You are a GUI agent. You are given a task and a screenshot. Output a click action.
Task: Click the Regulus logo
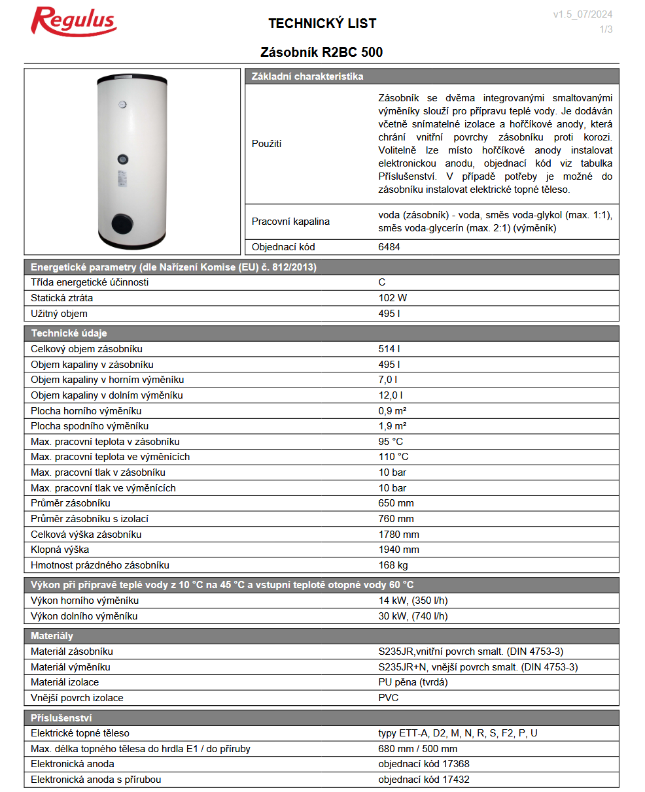pyautogui.click(x=74, y=22)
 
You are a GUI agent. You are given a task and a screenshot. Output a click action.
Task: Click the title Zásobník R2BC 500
pyautogui.click(x=321, y=52)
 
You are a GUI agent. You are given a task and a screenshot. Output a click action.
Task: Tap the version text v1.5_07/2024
pyautogui.click(x=582, y=14)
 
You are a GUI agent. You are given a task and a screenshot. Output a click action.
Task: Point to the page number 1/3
pyautogui.click(x=606, y=29)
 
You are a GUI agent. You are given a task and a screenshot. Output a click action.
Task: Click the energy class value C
pyautogui.click(x=382, y=282)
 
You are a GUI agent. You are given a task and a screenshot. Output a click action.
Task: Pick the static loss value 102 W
pyautogui.click(x=392, y=298)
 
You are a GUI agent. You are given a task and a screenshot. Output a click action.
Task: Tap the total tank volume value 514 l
pyautogui.click(x=389, y=349)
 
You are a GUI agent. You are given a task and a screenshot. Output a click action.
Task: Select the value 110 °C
pyautogui.click(x=393, y=457)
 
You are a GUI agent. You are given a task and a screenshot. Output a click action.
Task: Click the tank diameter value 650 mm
pyautogui.click(x=396, y=503)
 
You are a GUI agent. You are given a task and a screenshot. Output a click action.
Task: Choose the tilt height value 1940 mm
pyautogui.click(x=398, y=550)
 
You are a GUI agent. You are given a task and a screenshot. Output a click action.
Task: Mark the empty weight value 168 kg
pyautogui.click(x=392, y=565)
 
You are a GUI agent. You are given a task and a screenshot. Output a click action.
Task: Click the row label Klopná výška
pyautogui.click(x=60, y=550)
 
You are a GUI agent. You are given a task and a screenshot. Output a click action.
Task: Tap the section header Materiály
pyautogui.click(x=52, y=636)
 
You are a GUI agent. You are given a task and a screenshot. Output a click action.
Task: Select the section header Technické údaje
pyautogui.click(x=69, y=333)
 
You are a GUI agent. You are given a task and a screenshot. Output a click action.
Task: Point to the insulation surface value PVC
pyautogui.click(x=388, y=698)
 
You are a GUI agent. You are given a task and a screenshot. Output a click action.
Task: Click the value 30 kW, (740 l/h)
pyautogui.click(x=413, y=616)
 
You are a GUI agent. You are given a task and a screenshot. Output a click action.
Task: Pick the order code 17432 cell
pyautogui.click(x=423, y=780)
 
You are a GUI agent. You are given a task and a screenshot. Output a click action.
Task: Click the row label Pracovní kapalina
pyautogui.click(x=290, y=222)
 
